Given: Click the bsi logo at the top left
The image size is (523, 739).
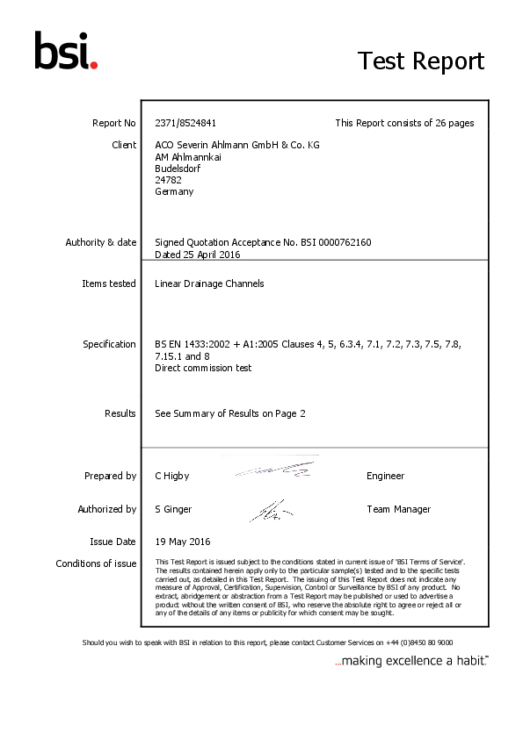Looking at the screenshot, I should (66, 51).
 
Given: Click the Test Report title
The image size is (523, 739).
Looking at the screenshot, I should (420, 61).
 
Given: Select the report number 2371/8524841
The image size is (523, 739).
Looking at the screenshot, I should (185, 123).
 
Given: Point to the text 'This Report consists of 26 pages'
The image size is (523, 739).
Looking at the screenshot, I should (404, 123).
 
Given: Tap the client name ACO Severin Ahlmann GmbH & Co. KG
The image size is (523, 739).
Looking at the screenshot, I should (236, 145).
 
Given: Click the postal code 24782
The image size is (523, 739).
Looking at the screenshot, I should (168, 180).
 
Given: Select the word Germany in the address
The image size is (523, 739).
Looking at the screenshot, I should (174, 191).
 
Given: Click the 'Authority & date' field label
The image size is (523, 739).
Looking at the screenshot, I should (100, 242).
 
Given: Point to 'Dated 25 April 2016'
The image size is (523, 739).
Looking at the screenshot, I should (197, 255).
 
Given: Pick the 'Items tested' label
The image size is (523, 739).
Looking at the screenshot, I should (108, 283).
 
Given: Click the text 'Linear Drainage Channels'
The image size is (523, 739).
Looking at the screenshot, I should (209, 283).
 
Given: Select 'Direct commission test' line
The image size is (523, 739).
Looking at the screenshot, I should (203, 368).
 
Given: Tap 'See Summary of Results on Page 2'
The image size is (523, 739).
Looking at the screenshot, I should (230, 413).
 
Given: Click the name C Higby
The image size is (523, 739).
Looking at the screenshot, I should (172, 476).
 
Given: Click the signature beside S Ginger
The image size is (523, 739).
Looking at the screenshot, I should (270, 510).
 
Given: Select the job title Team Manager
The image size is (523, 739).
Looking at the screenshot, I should (398, 509).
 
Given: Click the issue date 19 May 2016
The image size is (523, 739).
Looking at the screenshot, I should (182, 542).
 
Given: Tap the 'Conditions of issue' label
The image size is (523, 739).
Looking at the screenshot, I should (96, 563).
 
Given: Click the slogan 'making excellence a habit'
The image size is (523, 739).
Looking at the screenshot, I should (411, 661).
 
